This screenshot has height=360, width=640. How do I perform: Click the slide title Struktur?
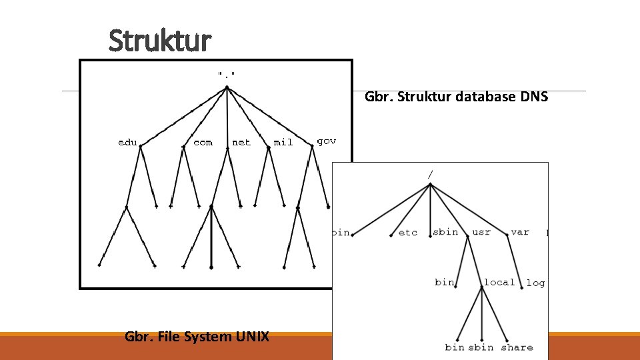pos(160,41)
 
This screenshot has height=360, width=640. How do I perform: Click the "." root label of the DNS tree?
pos(227,73)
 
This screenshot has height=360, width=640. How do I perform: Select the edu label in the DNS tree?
pos(127,142)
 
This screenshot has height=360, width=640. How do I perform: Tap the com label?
pos(203,142)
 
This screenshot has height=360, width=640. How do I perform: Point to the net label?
pos(241,142)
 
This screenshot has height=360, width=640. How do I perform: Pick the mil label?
pos(283,142)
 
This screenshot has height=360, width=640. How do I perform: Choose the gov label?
pos(326,141)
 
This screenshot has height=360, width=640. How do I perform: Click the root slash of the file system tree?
pos(431,174)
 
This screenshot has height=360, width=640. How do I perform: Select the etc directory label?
pos(407,233)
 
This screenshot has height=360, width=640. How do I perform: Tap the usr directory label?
pos(481,232)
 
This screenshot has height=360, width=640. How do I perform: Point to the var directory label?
pos(520,232)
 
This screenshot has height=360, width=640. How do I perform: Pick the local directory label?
pos(499,282)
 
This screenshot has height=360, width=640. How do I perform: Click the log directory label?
pos(535,283)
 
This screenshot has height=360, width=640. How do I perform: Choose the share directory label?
pos(517,347)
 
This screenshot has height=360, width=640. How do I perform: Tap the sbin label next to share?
pos(481,347)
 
